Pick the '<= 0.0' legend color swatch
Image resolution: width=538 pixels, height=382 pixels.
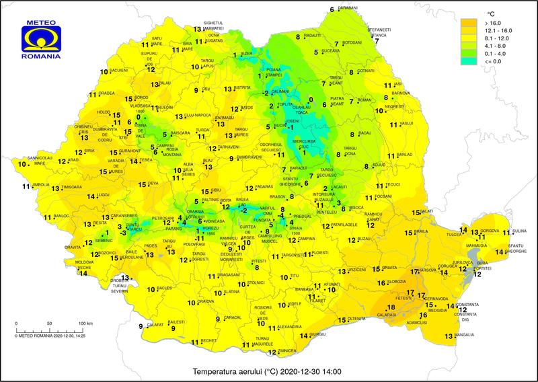[x=466, y=62]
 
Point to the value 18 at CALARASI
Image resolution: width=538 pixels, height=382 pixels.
[x=391, y=308]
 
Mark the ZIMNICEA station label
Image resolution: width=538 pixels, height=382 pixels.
[x=287, y=351]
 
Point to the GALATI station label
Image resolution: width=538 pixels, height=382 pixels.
[x=426, y=212]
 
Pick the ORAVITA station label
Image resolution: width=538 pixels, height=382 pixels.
[x=73, y=247]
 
